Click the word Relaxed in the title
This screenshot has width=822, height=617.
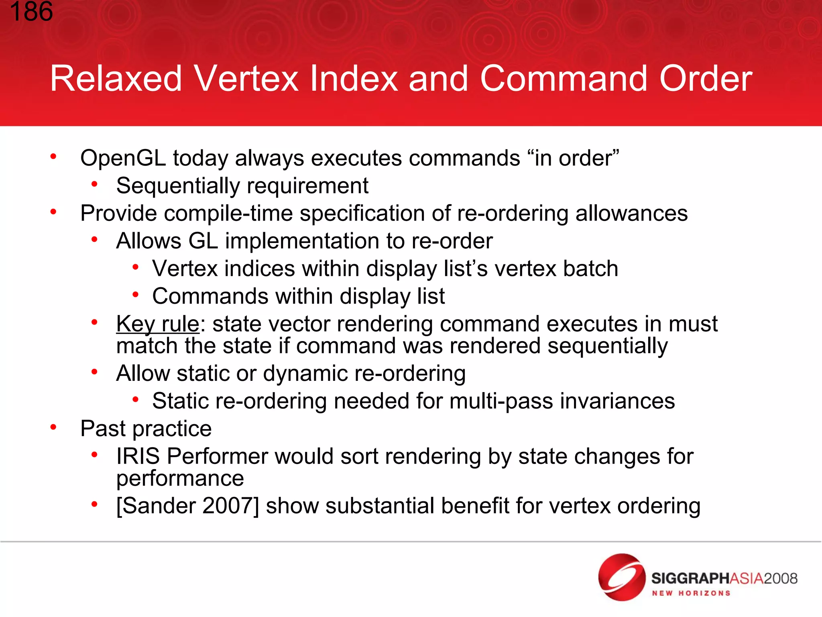(116, 79)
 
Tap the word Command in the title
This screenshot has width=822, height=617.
(564, 79)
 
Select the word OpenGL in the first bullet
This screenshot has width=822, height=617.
(123, 158)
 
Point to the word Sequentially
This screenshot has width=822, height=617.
(178, 186)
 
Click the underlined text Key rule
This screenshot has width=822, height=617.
(158, 324)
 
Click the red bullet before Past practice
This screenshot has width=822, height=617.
(53, 427)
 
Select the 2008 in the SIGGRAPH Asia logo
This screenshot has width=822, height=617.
(780, 578)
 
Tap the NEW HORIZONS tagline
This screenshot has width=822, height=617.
(691, 593)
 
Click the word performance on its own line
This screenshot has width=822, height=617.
(180, 478)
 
